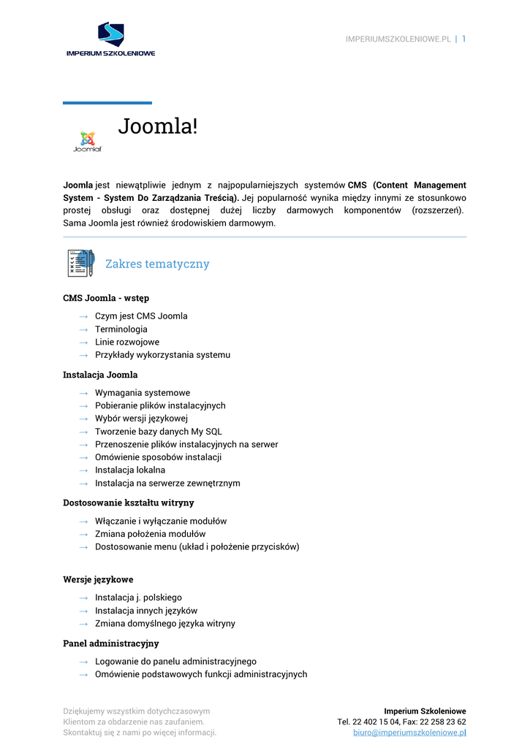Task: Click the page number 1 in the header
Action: click(463, 39)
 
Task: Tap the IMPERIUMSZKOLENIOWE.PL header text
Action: click(398, 39)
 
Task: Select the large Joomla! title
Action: click(158, 126)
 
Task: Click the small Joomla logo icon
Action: click(88, 141)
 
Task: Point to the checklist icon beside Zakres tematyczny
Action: click(80, 263)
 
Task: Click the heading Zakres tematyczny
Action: click(157, 264)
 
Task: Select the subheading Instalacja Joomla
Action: click(100, 375)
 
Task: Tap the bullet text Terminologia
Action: click(121, 329)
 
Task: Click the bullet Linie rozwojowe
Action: click(126, 342)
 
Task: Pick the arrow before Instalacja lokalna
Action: click(83, 470)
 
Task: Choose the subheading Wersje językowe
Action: click(98, 579)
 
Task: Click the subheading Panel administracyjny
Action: click(110, 644)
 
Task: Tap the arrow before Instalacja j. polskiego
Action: click(83, 598)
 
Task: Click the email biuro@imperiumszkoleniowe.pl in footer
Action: click(409, 733)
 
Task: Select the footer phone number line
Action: click(401, 722)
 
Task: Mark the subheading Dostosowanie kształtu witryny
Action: click(128, 503)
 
